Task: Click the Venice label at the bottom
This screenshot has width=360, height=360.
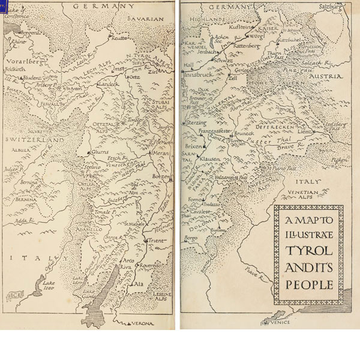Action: (280, 323)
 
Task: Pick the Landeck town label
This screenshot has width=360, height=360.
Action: (108, 85)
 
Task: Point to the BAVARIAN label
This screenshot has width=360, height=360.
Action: (146, 19)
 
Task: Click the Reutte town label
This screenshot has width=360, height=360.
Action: (119, 37)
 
